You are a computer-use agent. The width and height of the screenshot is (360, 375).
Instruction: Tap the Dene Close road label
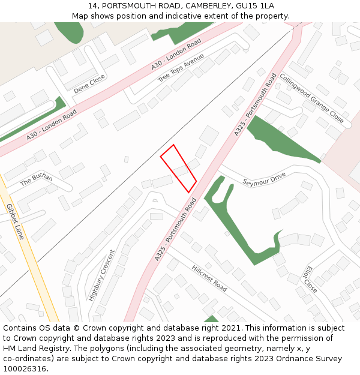89,84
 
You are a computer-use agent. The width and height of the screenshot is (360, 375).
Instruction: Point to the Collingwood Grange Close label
311,98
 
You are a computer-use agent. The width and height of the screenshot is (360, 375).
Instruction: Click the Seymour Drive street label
264,178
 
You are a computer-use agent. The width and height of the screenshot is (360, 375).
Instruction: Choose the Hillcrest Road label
209,278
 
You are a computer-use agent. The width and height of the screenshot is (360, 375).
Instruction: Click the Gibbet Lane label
15,221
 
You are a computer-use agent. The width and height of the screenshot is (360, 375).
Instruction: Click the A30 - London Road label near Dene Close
52,125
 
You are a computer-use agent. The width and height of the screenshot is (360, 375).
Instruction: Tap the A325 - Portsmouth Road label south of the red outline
176,230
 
